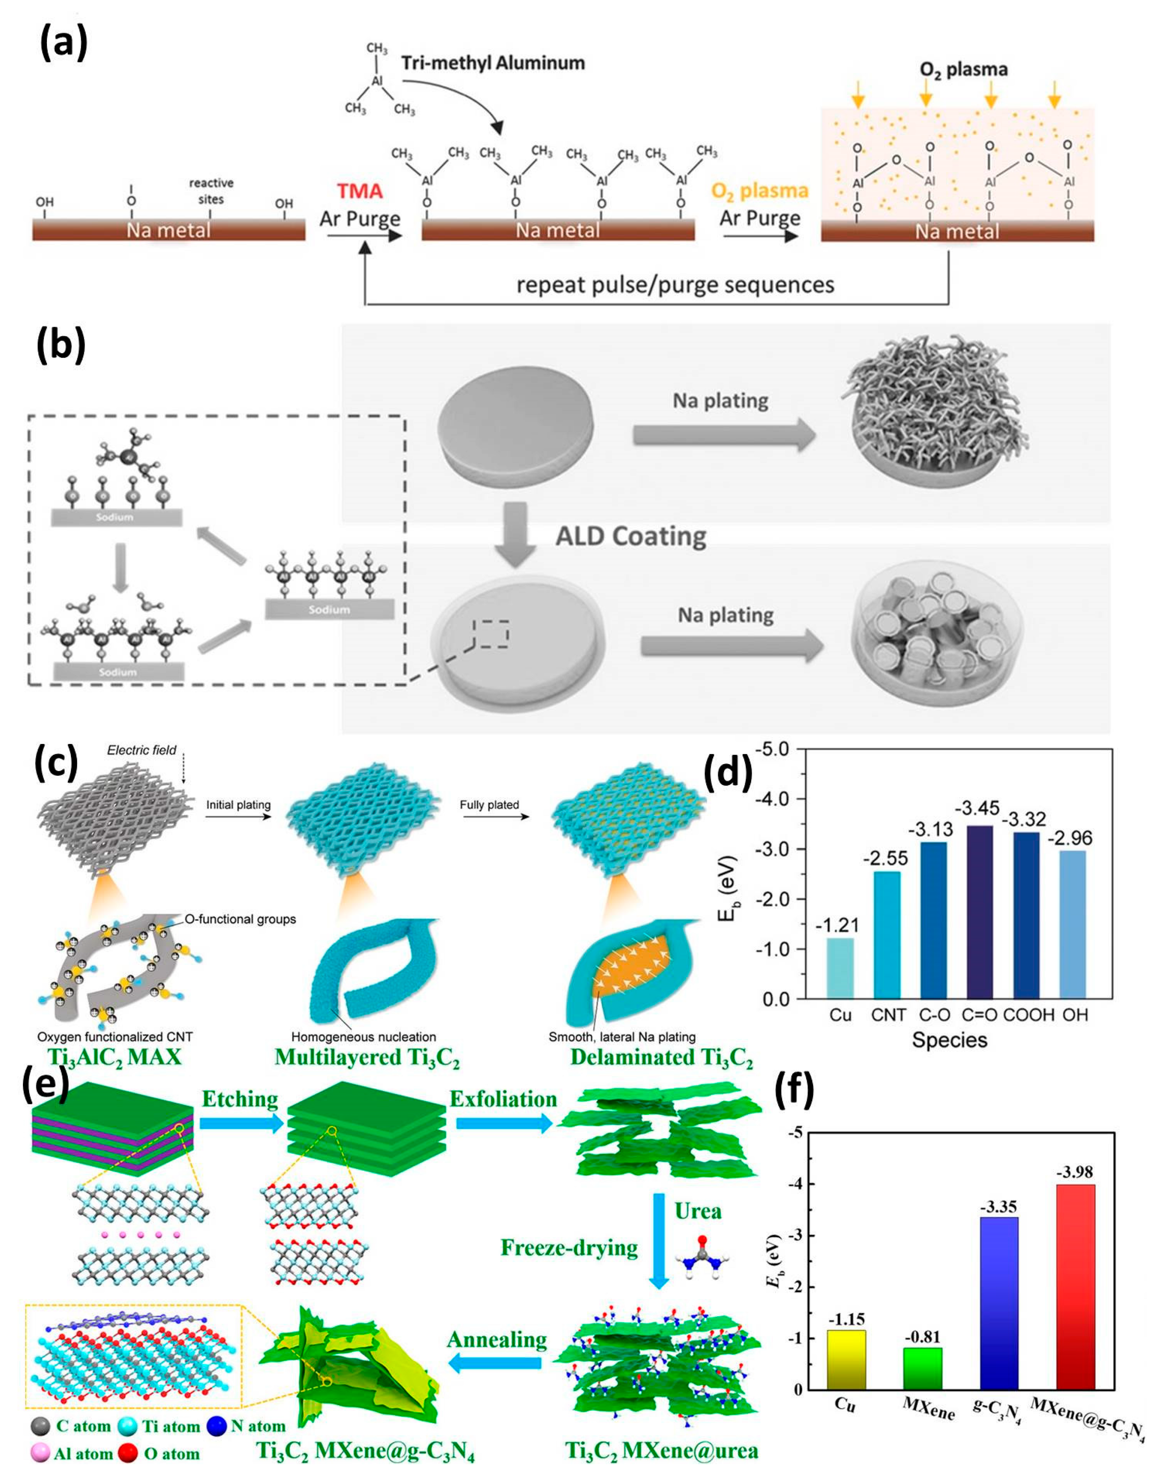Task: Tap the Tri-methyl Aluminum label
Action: pyautogui.click(x=493, y=63)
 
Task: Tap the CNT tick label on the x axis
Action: pyautogui.click(x=888, y=1015)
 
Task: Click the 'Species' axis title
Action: pyautogui.click(x=949, y=1040)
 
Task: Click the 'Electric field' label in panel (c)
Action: pyautogui.click(x=141, y=750)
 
